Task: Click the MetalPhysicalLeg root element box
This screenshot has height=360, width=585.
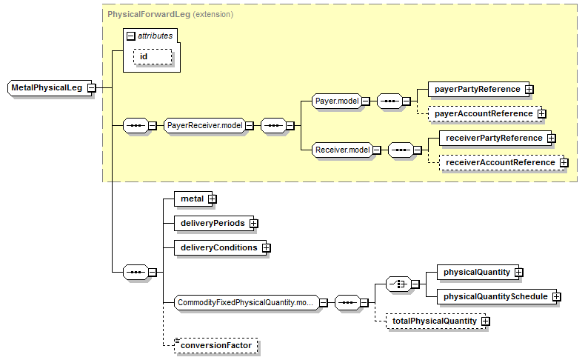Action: click(x=46, y=87)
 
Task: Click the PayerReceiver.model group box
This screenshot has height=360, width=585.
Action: click(x=205, y=126)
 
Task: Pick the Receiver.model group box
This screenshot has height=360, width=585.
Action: click(x=341, y=150)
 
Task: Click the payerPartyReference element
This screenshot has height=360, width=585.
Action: click(x=477, y=89)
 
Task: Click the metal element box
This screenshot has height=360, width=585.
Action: click(x=191, y=199)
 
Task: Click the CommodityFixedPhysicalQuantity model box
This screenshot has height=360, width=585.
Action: click(x=244, y=302)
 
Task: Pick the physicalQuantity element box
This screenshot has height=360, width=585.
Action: click(x=476, y=272)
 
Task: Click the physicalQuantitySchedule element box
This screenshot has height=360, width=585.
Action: click(x=495, y=296)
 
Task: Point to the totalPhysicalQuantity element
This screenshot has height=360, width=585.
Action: click(x=434, y=321)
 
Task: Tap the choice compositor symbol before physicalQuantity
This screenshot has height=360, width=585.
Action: click(x=398, y=284)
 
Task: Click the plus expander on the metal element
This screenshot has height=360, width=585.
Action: click(x=212, y=199)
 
